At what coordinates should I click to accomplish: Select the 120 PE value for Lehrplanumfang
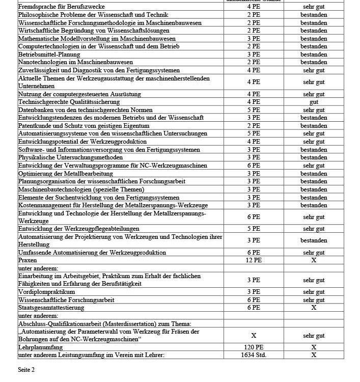(x=253, y=347)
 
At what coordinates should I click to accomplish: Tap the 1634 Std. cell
(x=253, y=355)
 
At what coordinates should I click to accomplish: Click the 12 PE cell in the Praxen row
(x=253, y=260)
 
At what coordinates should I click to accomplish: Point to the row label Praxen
(x=27, y=260)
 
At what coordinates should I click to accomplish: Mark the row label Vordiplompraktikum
(x=47, y=292)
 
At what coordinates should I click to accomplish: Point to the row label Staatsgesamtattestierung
(x=51, y=308)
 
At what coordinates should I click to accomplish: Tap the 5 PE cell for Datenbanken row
(x=253, y=110)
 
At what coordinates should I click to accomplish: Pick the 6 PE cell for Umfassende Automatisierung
(x=253, y=253)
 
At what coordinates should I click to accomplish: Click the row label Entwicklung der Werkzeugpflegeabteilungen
(x=79, y=229)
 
